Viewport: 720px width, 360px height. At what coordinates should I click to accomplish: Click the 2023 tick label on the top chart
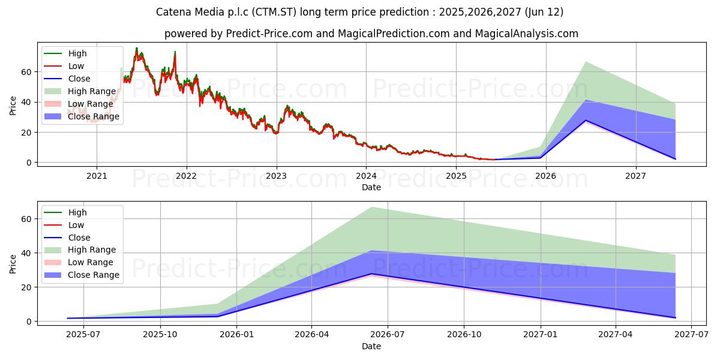click(276, 176)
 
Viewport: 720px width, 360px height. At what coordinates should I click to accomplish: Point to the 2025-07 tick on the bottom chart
click(83, 335)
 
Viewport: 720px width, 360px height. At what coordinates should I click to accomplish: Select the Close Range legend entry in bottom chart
click(94, 275)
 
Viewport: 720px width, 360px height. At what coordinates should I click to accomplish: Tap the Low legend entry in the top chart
click(76, 66)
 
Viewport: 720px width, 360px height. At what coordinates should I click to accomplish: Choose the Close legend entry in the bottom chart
click(79, 238)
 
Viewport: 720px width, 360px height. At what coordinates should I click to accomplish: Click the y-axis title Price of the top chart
click(13, 105)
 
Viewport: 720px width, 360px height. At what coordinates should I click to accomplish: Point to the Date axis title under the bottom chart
click(371, 346)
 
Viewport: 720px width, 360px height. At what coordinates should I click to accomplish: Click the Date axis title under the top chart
click(371, 187)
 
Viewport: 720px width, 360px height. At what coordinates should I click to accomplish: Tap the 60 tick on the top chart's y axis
click(26, 71)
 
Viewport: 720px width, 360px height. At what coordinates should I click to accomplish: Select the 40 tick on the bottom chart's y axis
click(26, 253)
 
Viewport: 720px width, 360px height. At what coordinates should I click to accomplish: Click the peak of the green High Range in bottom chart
click(371, 207)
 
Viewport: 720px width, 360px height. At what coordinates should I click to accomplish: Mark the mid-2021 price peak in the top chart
click(136, 48)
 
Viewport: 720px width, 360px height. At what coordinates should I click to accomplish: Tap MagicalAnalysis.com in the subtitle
click(527, 34)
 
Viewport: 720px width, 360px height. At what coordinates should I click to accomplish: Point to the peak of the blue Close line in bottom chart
click(371, 274)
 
